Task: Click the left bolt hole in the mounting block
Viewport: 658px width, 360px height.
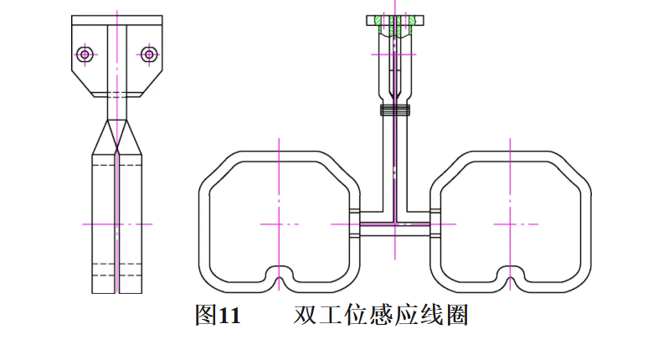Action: pyautogui.click(x=84, y=54)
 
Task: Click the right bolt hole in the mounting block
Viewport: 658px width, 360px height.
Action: pyautogui.click(x=149, y=54)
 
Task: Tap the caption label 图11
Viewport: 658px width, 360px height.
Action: pyautogui.click(x=217, y=316)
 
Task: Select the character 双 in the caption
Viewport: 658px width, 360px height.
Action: pyautogui.click(x=305, y=316)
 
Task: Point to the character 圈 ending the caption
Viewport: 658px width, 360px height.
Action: pyautogui.click(x=456, y=316)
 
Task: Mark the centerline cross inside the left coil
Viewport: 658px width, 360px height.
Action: pyautogui.click(x=279, y=224)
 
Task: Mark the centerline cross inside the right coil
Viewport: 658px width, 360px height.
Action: pyautogui.click(x=511, y=224)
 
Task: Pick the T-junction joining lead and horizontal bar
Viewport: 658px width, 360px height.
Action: pyautogui.click(x=395, y=224)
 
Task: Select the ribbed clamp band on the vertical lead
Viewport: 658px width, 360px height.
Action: pyautogui.click(x=395, y=109)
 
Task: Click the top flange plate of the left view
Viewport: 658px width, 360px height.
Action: pyautogui.click(x=117, y=19)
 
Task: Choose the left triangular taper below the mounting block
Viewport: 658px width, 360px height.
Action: pyautogui.click(x=106, y=137)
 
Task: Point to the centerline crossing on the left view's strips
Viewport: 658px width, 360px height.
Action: pyautogui.click(x=117, y=224)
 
